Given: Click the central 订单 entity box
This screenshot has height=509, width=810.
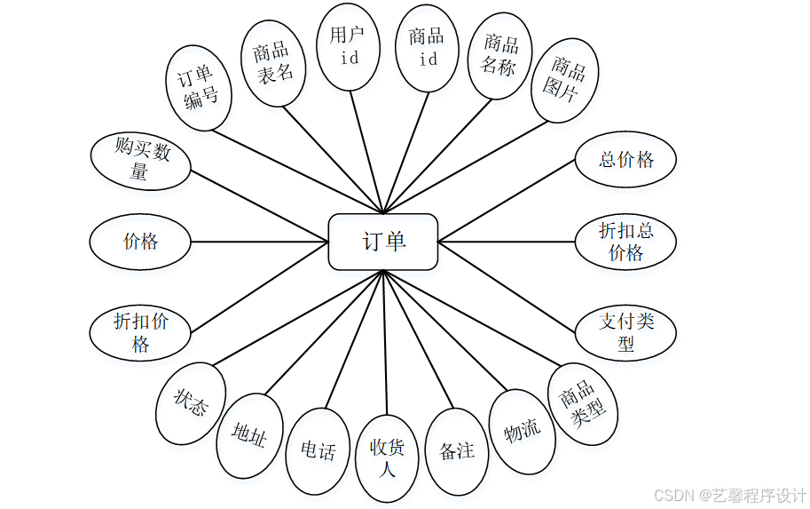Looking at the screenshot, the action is click(x=383, y=242).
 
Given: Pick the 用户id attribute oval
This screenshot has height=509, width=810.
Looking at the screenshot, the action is click(x=349, y=47).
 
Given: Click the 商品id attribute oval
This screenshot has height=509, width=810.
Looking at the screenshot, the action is click(x=427, y=48).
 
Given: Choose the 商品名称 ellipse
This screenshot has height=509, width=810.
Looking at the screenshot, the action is click(x=499, y=56).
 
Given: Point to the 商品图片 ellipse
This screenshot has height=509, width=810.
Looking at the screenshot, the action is click(x=569, y=79).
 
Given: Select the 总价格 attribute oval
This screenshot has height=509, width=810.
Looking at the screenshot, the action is click(x=625, y=160).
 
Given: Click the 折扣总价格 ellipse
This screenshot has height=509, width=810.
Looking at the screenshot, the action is click(x=625, y=242).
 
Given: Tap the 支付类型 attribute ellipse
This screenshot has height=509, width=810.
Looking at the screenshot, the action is click(x=625, y=332).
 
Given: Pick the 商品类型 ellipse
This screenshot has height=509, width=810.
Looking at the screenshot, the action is click(x=582, y=402).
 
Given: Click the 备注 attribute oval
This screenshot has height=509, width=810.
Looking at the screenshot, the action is click(x=457, y=450).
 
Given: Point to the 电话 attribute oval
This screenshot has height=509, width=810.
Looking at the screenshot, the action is click(x=318, y=450).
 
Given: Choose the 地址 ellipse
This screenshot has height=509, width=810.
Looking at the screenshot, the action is click(x=249, y=434).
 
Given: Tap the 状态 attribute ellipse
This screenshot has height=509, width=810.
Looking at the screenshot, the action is click(x=193, y=404).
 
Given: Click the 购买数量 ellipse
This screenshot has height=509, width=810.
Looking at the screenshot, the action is click(x=141, y=162).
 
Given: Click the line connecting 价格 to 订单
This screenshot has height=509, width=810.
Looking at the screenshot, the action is click(x=259, y=241).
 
